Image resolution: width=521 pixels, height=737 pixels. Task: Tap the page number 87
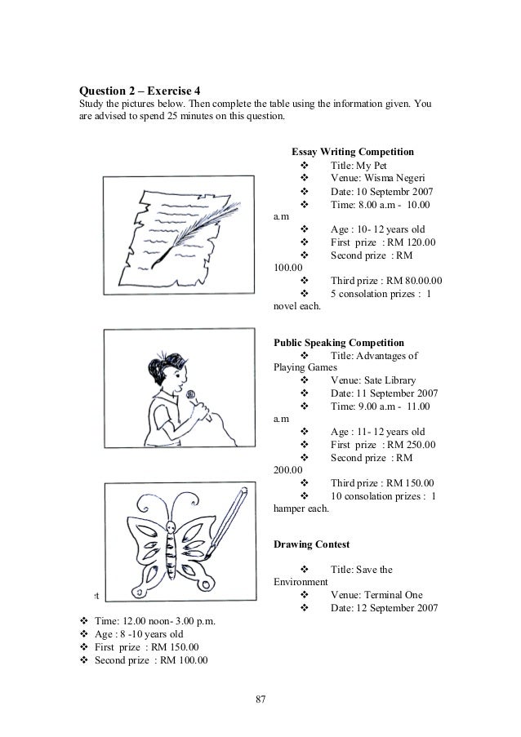tap(260, 699)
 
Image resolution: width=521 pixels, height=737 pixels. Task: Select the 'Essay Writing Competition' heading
tap(353, 152)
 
